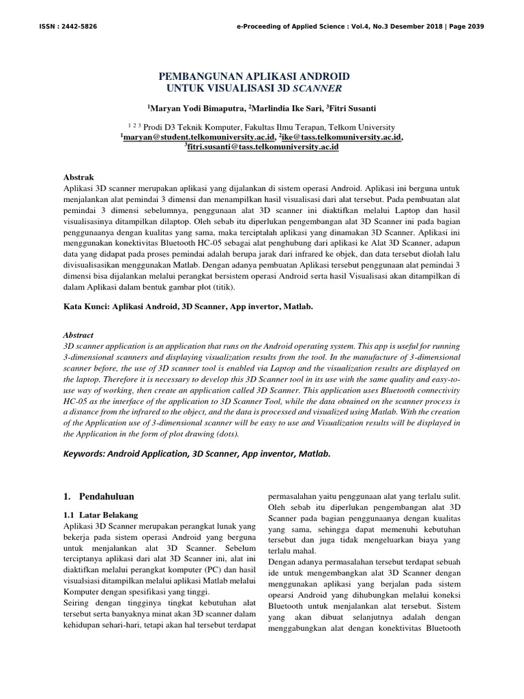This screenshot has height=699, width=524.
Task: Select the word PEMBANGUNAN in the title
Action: (x=199, y=76)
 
